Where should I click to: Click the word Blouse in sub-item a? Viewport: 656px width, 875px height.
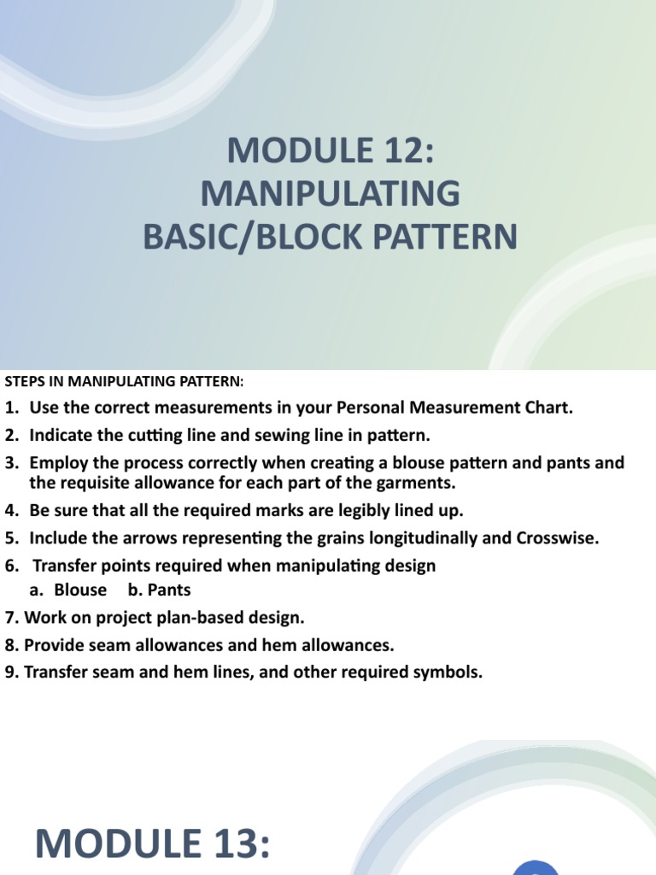click(x=80, y=590)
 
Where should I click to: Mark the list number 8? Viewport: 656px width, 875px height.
click(x=11, y=645)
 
